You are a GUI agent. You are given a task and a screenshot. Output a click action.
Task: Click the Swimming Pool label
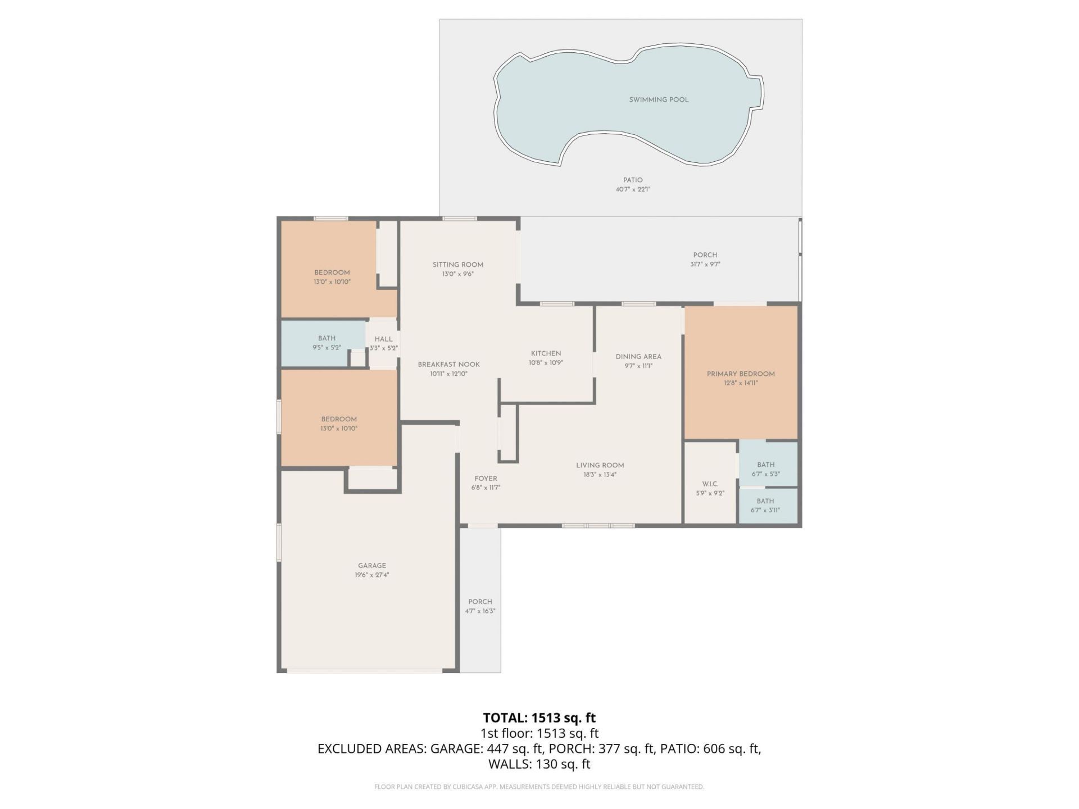[x=659, y=99]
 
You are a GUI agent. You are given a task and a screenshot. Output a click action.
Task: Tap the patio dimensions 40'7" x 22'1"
[x=633, y=189]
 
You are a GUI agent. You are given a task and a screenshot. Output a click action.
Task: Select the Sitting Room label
[x=457, y=265]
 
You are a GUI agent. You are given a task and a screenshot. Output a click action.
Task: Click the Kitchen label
[x=546, y=353]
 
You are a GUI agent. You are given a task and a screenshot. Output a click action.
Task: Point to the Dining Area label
[x=638, y=356]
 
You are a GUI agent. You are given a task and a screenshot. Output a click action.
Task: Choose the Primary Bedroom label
[x=740, y=374]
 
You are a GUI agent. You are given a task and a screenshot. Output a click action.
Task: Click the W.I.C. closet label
[x=710, y=484]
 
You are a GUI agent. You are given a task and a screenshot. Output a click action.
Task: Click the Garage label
[x=371, y=566]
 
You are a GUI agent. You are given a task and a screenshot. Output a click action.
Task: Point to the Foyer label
[x=485, y=479]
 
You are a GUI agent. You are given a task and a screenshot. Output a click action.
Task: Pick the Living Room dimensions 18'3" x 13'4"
[x=600, y=475]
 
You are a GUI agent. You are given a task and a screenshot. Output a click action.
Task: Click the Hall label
[x=383, y=339]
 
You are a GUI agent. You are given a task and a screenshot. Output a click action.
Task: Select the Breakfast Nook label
[x=448, y=364]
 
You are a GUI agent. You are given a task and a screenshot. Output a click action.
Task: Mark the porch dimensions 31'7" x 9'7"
[x=705, y=264]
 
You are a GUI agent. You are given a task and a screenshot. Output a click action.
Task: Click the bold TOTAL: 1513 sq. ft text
[x=539, y=717]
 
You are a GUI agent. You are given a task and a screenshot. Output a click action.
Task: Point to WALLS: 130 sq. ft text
[x=539, y=764]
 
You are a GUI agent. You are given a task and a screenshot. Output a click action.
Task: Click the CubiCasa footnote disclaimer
[x=539, y=787]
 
